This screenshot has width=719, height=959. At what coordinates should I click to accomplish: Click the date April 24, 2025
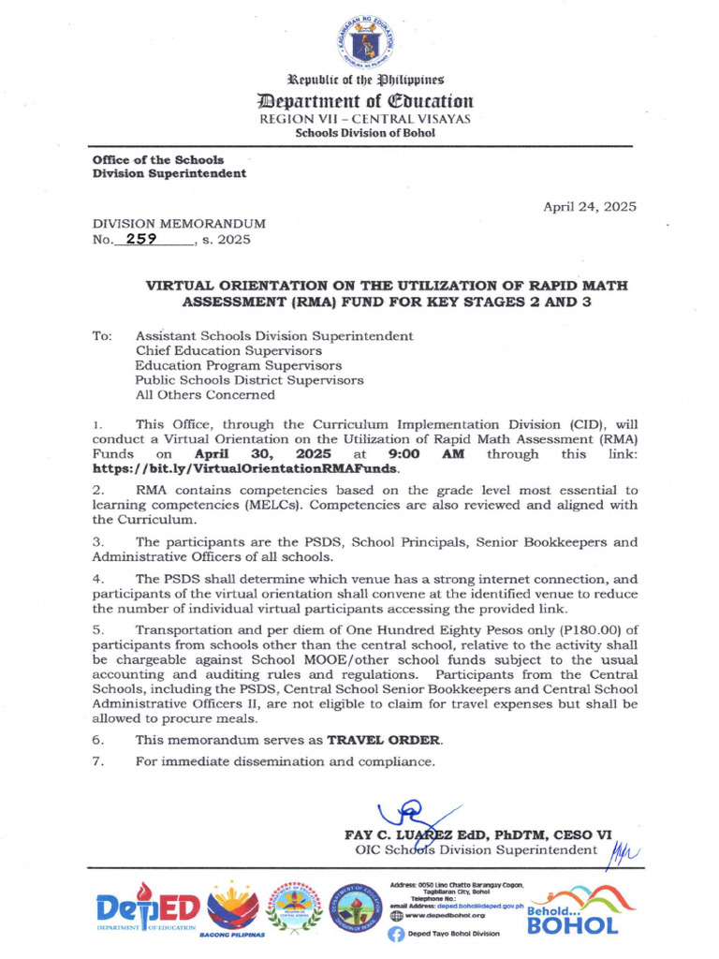[590, 206]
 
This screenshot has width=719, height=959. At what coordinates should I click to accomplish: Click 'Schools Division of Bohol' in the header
[364, 133]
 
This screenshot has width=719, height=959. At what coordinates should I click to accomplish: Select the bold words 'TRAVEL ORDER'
[382, 739]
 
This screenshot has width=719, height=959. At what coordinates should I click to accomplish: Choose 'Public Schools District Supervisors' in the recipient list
[249, 380]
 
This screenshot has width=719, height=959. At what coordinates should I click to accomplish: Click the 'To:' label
[102, 335]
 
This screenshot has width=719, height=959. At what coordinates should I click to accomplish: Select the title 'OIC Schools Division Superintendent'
[476, 850]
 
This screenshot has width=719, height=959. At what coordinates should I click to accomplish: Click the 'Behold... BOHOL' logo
[572, 913]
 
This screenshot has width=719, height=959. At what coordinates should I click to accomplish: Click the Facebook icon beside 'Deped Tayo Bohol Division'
[395, 934]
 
